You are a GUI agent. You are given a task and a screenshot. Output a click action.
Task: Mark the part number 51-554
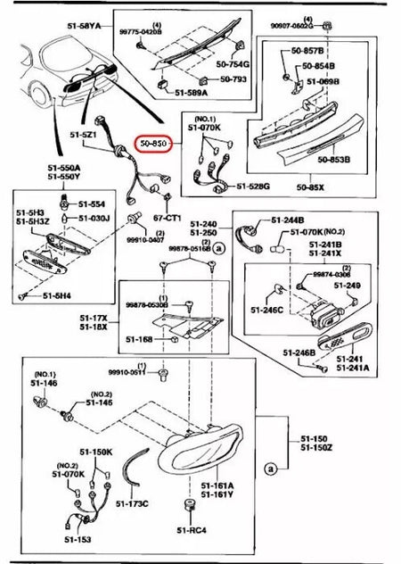coord(92,203)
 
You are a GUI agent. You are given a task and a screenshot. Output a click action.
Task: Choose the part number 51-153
coord(68,540)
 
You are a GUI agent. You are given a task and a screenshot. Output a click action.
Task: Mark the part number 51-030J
coord(93,217)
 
